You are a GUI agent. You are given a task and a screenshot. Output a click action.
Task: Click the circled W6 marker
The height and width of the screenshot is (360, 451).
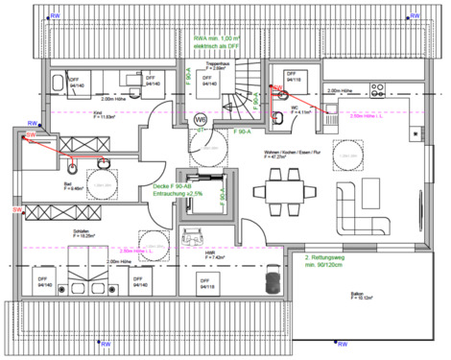[x=202, y=120]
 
